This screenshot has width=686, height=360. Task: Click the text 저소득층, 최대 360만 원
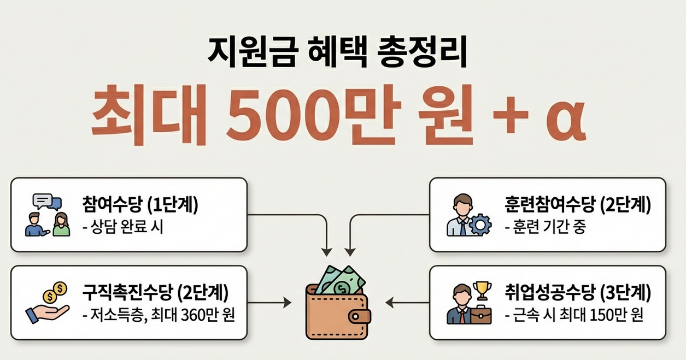[x=158, y=316]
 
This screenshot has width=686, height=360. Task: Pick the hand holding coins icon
[x=48, y=304]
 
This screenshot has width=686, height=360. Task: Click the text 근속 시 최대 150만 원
[x=574, y=316]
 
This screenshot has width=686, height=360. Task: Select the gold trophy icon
[x=482, y=290]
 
